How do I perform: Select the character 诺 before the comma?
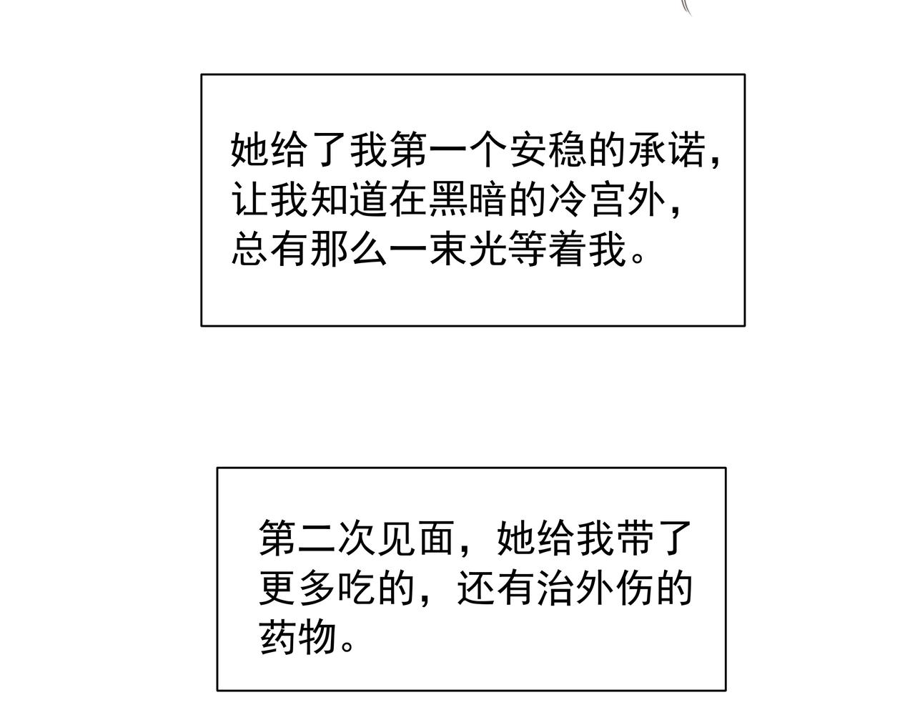click(687, 150)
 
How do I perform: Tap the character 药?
click(278, 636)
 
